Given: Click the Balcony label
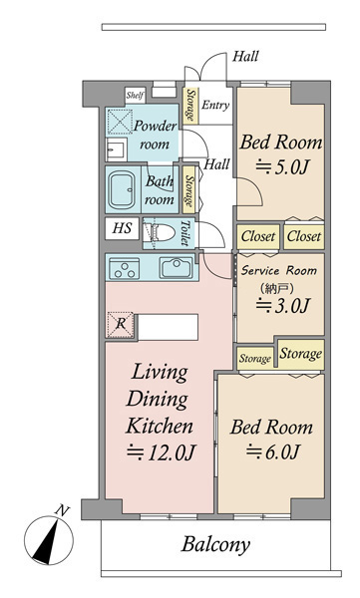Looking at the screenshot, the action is pyautogui.click(x=215, y=544).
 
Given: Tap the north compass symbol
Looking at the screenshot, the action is pyautogui.click(x=49, y=539).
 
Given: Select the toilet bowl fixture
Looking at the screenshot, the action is pyautogui.click(x=160, y=232).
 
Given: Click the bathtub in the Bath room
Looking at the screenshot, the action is pyautogui.click(x=123, y=189).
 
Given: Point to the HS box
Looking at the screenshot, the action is pyautogui.click(x=123, y=228).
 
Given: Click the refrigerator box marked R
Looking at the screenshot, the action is pyautogui.click(x=121, y=325).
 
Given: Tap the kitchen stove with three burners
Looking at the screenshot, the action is pyautogui.click(x=125, y=268).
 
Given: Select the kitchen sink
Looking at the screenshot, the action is pyautogui.click(x=176, y=268).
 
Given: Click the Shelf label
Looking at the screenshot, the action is pyautogui.click(x=136, y=95).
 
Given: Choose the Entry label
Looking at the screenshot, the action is pyautogui.click(x=215, y=105).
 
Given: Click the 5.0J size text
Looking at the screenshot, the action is pyautogui.click(x=281, y=166).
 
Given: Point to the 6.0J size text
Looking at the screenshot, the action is pyautogui.click(x=272, y=451).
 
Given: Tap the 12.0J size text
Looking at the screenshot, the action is pyautogui.click(x=162, y=452).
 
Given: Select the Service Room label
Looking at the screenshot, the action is pyautogui.click(x=279, y=271).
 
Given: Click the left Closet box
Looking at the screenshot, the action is pyautogui.click(x=258, y=236).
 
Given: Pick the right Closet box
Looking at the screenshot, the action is pyautogui.click(x=304, y=236).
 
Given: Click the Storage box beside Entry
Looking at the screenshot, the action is pyautogui.click(x=190, y=106).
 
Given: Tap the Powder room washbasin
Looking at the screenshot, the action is pyautogui.click(x=116, y=149).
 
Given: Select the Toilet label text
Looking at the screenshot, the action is pyautogui.click(x=184, y=232).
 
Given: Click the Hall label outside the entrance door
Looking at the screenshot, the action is pyautogui.click(x=245, y=57).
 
